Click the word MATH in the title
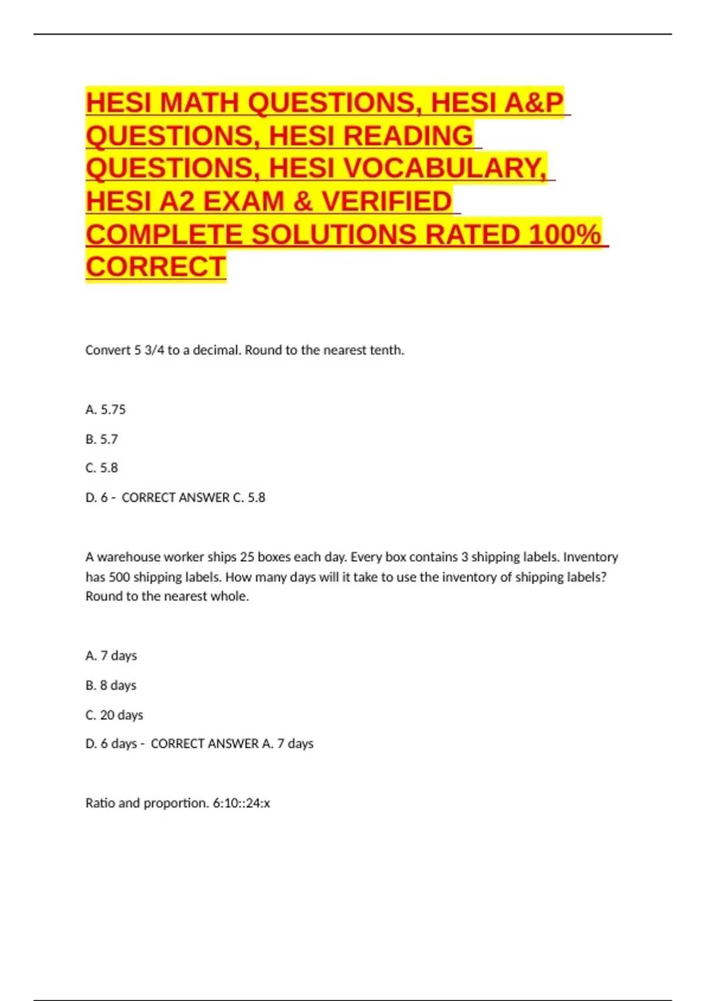point(198,103)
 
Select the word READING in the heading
point(408,136)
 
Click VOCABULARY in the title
point(444,168)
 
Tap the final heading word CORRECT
point(156,267)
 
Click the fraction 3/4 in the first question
point(154,350)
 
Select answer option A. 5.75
point(105,410)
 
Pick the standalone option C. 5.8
point(101,468)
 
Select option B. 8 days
point(111,685)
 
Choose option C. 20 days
point(114,715)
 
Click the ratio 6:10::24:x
point(241,803)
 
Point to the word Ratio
point(100,803)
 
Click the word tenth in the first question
point(386,350)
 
